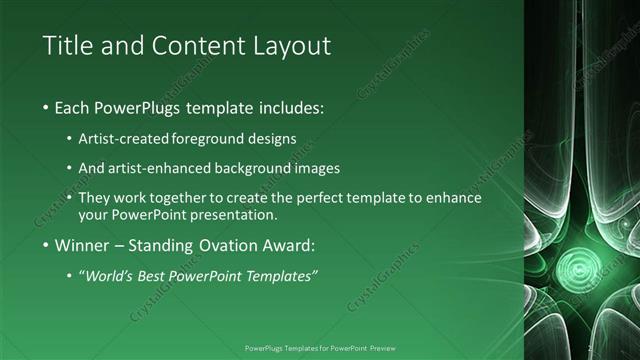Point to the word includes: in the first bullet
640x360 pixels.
[x=292, y=107]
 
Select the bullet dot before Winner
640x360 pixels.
[x=46, y=245]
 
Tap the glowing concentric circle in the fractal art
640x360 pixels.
[x=577, y=265]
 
